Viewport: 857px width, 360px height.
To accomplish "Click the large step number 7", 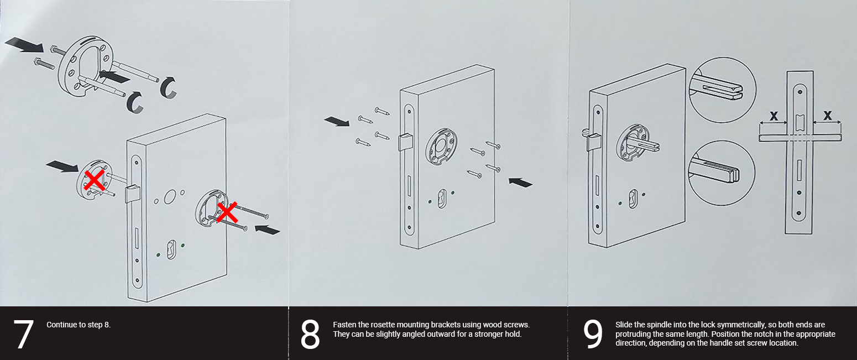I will (23, 334).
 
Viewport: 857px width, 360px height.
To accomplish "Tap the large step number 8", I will (310, 334).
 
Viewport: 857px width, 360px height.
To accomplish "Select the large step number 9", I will (593, 334).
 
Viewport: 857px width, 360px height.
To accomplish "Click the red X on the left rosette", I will (95, 180).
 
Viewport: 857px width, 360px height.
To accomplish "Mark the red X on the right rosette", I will (227, 212).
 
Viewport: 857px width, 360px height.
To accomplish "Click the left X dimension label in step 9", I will (774, 116).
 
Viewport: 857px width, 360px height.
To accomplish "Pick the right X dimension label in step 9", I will (827, 116).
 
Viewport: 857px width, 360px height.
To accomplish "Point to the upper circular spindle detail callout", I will (723, 89).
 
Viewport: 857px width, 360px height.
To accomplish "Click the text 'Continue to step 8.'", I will (79, 325).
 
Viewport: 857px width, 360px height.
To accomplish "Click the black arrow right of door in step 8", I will (520, 181).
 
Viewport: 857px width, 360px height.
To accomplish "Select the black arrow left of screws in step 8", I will (337, 121).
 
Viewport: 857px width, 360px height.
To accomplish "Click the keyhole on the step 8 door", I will (441, 198).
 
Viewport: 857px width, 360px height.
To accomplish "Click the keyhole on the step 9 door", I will (633, 198).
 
